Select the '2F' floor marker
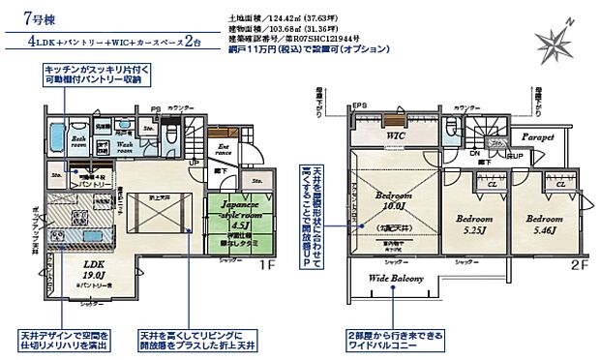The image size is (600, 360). click(x=579, y=262)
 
